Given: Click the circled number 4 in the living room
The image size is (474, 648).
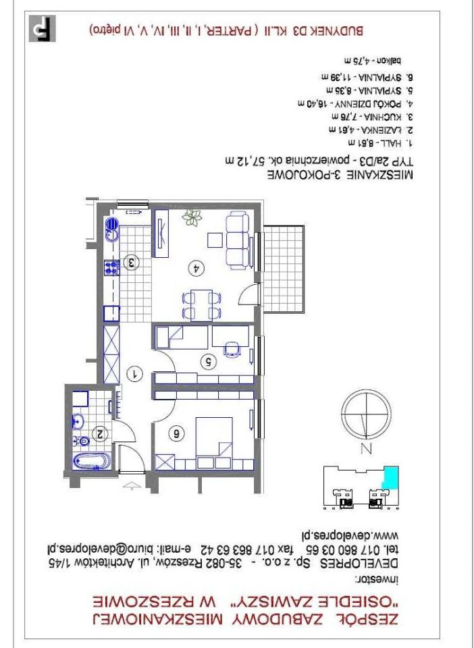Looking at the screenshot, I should [x=198, y=268].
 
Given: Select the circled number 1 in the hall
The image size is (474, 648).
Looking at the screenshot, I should [x=134, y=373].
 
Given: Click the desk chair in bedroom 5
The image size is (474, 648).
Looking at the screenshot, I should [x=232, y=348].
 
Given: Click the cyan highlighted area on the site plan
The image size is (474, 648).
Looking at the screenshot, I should [x=390, y=478].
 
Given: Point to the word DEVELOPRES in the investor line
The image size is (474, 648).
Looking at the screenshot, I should [x=381, y=562].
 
